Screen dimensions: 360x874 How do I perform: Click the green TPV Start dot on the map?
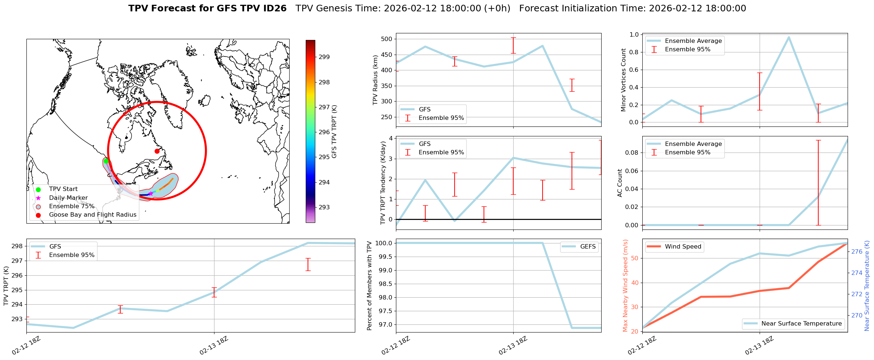106,161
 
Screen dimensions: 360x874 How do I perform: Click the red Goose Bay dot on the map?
157,151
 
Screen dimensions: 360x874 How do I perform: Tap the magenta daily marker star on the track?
151,194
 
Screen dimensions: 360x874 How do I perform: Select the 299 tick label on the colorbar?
324,57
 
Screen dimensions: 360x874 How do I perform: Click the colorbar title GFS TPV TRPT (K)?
334,132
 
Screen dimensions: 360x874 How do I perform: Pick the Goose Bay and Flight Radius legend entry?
92,215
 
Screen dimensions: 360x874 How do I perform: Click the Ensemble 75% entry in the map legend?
71,206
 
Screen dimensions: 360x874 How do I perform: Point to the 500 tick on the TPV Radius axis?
387,39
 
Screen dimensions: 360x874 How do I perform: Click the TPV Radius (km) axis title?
375,80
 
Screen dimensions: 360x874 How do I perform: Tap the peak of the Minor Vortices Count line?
789,37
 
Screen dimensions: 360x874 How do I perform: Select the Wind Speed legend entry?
683,247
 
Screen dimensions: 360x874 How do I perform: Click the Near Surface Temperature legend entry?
801,324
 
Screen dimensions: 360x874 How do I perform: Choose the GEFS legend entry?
588,247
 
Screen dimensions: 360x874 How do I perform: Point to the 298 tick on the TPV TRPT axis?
17,246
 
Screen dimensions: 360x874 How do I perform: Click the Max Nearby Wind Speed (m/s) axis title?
625,286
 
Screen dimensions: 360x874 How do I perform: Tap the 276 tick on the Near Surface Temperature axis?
857,251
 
